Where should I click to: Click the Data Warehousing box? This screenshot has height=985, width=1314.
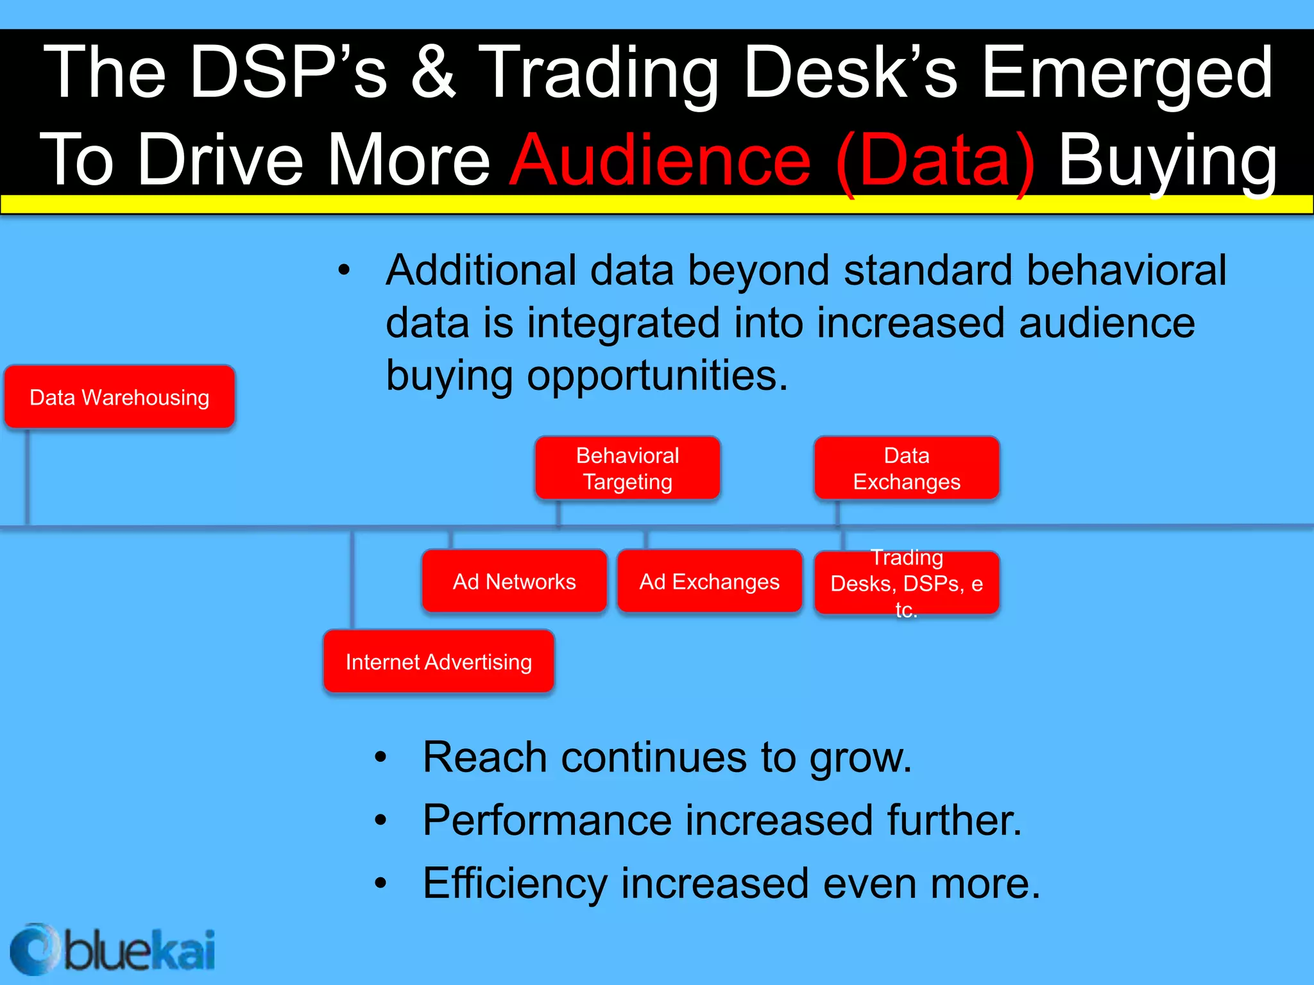[x=119, y=397]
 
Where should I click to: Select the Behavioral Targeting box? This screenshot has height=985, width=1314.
[x=627, y=468]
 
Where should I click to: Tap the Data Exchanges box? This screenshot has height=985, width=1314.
[x=907, y=468]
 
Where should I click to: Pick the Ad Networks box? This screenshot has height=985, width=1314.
[x=514, y=582]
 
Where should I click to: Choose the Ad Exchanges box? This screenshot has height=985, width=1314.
[x=710, y=582]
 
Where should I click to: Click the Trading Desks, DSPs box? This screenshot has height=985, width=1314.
[x=907, y=583]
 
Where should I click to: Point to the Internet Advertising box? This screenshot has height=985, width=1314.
[x=439, y=662]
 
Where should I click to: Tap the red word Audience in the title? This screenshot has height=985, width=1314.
[x=661, y=160]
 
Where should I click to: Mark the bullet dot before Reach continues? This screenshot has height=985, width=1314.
[x=381, y=758]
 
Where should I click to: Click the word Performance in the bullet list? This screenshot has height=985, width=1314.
[x=545, y=820]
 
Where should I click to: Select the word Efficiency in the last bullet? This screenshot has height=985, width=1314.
[x=515, y=884]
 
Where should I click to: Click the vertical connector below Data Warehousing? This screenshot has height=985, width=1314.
[x=28, y=478]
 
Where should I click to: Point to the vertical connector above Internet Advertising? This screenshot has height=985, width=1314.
[x=352, y=580]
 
